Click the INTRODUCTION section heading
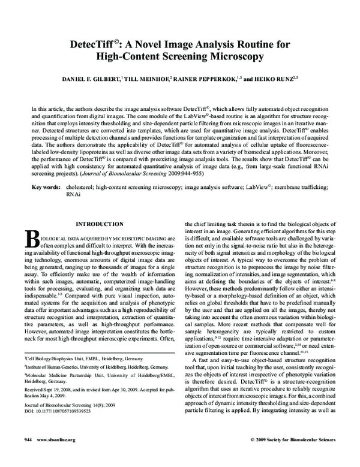point(97,224)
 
